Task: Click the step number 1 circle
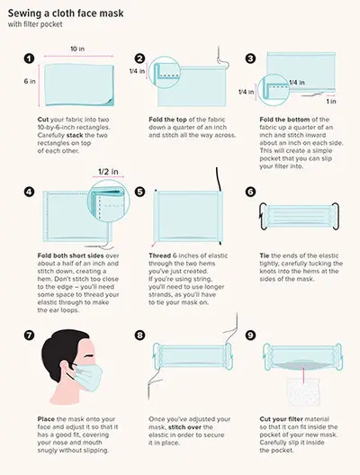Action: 29,58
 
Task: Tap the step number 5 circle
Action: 139,192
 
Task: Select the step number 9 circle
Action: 250,335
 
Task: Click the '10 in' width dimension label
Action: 77,49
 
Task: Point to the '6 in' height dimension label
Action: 30,81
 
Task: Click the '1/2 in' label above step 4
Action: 108,172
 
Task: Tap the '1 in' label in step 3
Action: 331,101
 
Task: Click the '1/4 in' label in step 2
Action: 137,71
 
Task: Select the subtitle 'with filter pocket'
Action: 35,24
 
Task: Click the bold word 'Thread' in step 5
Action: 159,255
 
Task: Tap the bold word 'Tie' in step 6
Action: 265,255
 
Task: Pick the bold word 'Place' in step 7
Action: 46,419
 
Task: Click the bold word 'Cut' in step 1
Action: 43,120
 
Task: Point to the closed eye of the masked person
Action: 89,355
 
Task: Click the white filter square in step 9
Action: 303,390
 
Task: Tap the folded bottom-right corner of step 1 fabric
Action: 110,102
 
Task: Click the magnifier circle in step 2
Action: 164,72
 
